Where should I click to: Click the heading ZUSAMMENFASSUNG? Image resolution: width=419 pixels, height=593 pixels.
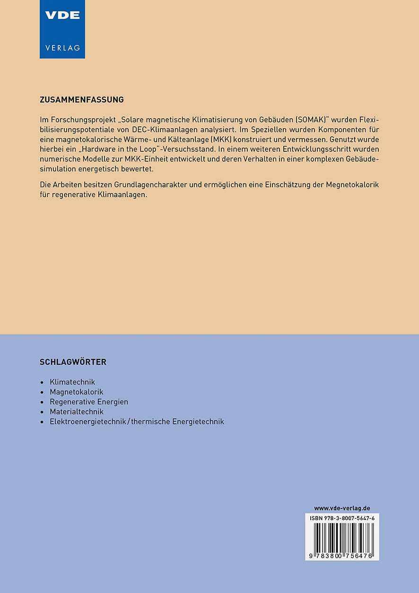(x=82, y=100)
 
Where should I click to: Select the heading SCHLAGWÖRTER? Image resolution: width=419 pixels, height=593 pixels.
(x=73, y=362)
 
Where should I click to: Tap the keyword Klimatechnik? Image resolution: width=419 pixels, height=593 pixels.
(x=72, y=382)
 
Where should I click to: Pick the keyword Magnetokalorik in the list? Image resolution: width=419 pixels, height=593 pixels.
(x=76, y=392)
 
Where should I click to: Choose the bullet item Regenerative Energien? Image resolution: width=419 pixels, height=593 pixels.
(x=89, y=402)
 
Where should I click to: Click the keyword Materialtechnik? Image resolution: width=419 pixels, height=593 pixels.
(x=77, y=412)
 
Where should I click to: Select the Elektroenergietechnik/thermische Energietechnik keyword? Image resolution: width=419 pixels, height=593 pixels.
(x=137, y=422)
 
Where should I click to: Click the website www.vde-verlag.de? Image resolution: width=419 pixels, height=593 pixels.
(x=342, y=508)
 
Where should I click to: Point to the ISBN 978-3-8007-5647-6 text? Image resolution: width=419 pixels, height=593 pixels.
(x=342, y=519)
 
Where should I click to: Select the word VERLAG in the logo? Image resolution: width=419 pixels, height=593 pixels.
(x=62, y=48)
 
